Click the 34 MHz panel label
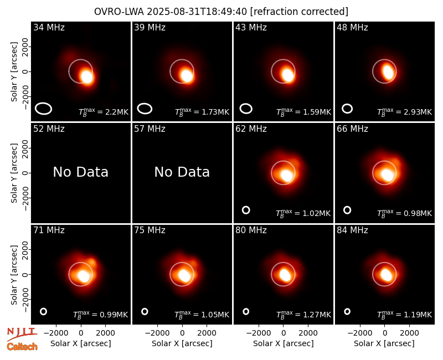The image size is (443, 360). [x=49, y=27]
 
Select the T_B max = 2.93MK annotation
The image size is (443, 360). [x=404, y=112]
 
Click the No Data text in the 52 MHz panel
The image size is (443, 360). [x=80, y=172]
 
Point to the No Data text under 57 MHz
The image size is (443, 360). [x=182, y=172]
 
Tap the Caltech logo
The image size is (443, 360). [x=22, y=347]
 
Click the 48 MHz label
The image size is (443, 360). [x=352, y=27]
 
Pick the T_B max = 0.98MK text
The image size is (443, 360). [x=404, y=213]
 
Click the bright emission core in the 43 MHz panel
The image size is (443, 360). [x=288, y=75]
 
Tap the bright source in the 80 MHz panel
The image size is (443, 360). [x=285, y=275]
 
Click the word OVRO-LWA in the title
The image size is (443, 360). [x=119, y=12]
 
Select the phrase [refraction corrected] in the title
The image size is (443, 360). [x=299, y=12]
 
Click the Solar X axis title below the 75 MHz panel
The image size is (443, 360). [x=182, y=343]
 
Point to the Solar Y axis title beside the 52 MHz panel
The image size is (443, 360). [x=14, y=173]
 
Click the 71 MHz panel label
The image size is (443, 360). [x=49, y=230]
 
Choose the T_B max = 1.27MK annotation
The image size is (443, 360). [x=303, y=315]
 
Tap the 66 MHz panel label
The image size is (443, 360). [x=352, y=129]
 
